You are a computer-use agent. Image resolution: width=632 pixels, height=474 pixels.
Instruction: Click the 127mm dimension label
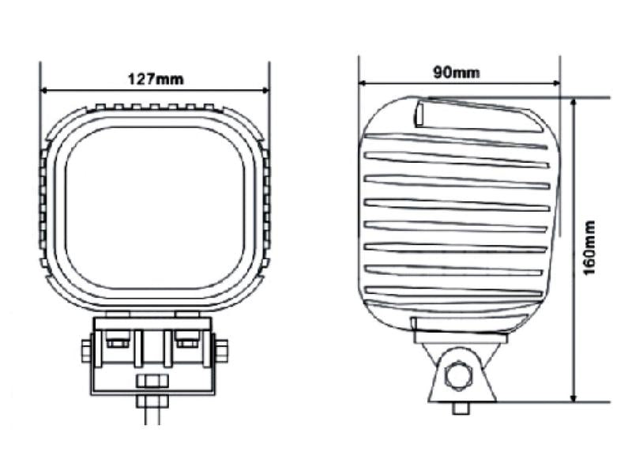point(155,78)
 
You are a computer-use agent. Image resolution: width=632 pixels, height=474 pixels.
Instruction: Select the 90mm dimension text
point(457,73)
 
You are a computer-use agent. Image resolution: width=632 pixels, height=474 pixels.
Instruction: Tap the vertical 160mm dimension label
point(589,248)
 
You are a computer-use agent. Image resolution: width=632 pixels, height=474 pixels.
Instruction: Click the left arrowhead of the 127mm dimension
point(45,88)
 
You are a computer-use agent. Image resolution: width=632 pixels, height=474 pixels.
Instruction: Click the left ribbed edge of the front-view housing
point(43,205)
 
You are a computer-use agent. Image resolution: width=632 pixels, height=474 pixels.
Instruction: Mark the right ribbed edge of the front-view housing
point(266,205)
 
